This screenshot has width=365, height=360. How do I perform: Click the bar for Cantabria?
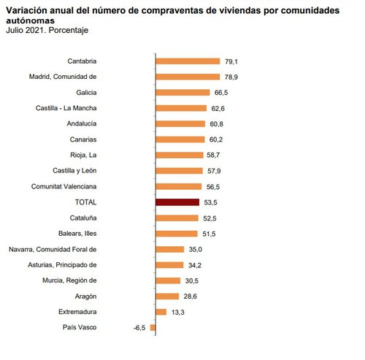click(188, 61)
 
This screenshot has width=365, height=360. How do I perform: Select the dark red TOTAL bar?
click(177, 202)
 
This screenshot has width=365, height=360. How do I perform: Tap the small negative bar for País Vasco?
click(153, 328)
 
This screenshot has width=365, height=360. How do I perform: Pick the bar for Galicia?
click(182, 93)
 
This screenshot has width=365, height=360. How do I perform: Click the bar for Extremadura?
click(161, 312)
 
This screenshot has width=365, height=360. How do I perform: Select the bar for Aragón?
click(167, 296)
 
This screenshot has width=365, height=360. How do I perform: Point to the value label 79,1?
click(232, 61)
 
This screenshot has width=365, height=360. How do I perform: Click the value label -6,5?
click(139, 328)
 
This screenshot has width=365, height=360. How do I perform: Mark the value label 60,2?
click(217, 139)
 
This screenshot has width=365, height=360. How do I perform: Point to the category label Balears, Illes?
click(97, 234)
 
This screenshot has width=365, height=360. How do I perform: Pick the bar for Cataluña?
click(177, 218)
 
